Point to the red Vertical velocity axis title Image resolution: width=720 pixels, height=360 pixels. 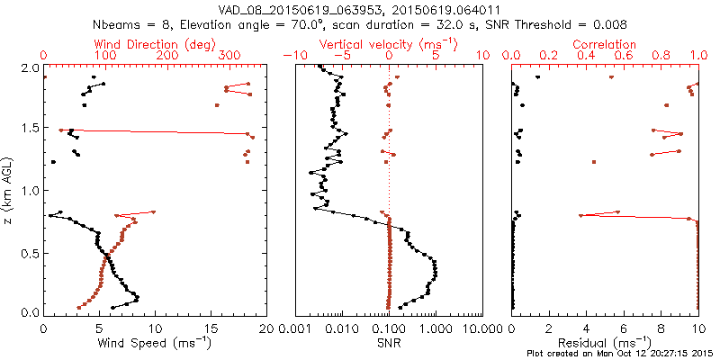click(389, 43)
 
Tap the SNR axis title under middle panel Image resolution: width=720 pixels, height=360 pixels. click(389, 343)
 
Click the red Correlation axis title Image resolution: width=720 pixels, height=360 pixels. click(605, 43)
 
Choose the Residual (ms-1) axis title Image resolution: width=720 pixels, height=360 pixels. click(605, 343)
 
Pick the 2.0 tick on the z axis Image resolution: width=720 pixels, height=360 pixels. click(29, 67)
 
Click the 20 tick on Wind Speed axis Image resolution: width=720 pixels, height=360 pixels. click(266, 329)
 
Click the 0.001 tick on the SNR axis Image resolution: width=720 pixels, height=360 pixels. click(295, 329)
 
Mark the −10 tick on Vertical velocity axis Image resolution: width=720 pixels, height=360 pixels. click(293, 56)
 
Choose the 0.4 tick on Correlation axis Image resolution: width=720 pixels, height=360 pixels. click(586, 56)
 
